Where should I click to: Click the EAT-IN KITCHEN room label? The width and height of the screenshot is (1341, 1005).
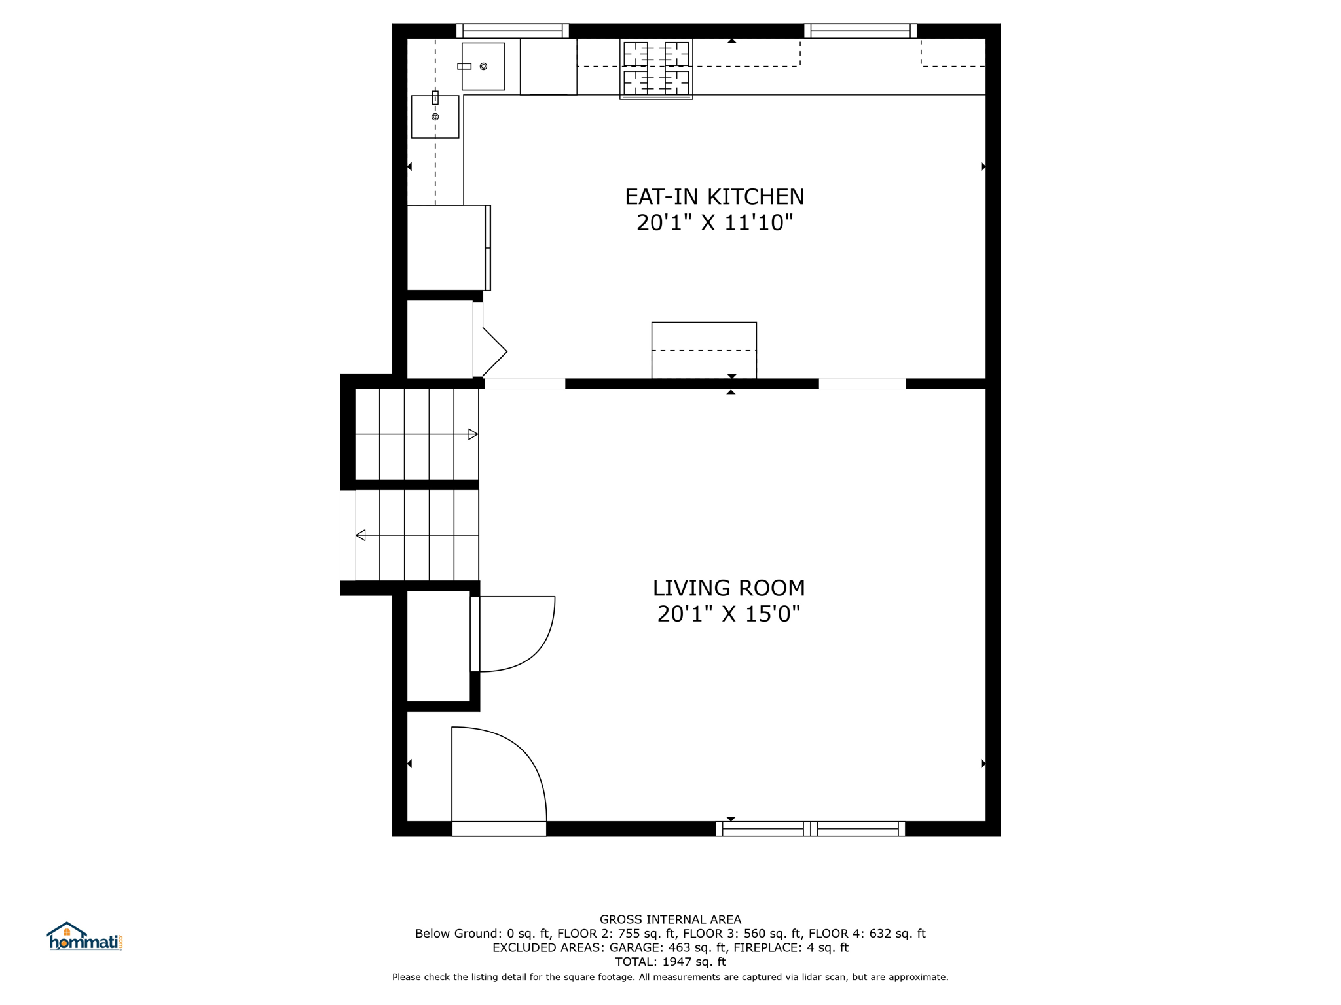[714, 197]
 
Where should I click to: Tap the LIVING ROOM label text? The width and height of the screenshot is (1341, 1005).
[729, 588]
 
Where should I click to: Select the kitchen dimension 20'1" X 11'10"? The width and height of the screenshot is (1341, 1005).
[714, 223]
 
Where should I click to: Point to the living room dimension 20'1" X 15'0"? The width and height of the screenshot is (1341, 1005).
[729, 614]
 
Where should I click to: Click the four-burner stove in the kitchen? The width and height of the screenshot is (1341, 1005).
[656, 69]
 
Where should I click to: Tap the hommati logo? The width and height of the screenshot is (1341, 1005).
[84, 937]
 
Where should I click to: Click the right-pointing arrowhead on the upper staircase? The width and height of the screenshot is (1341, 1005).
[473, 434]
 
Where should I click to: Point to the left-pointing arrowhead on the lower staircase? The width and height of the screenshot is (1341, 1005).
[360, 535]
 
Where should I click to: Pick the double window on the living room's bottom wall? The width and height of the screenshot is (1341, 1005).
[811, 829]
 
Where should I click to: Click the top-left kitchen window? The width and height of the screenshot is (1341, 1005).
[513, 31]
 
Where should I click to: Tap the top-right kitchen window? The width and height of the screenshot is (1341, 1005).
[860, 31]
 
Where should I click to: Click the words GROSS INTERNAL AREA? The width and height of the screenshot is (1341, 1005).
[670, 919]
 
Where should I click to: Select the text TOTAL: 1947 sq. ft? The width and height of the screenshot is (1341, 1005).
[670, 962]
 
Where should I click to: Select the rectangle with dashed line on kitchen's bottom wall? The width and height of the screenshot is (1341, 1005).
[704, 350]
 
